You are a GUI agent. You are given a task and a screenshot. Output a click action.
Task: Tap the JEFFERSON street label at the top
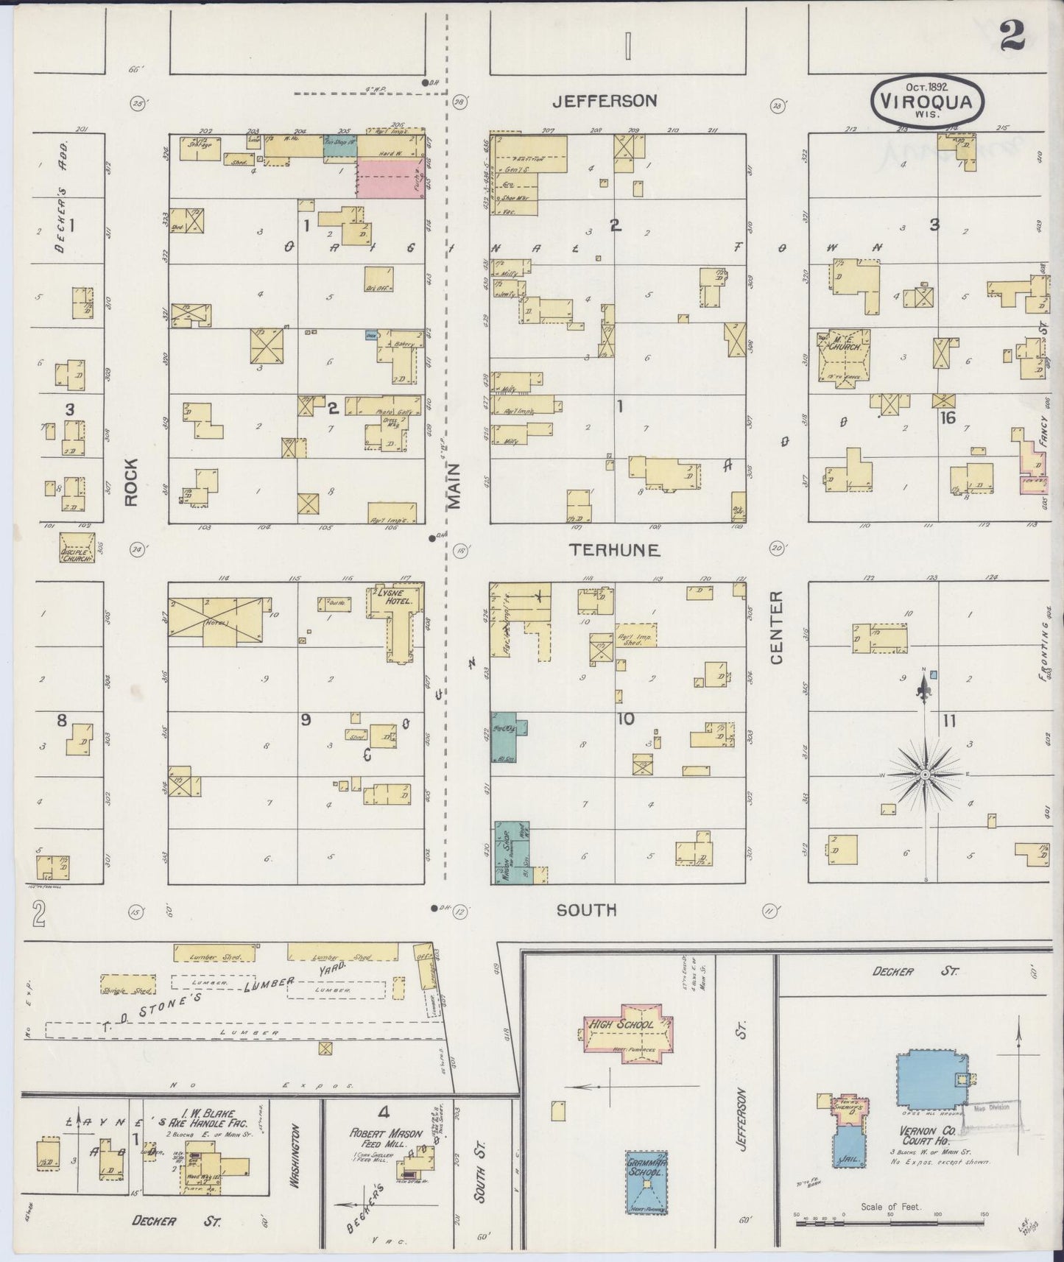click(605, 101)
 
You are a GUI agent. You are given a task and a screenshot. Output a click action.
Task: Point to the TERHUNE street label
click(614, 549)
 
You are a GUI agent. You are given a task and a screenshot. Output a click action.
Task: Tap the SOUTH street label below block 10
click(586, 910)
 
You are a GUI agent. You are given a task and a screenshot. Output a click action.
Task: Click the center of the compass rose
click(925, 775)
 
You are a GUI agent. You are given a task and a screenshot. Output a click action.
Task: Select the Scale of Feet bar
click(889, 1221)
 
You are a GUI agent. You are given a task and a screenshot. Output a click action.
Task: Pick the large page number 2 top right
click(1014, 35)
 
